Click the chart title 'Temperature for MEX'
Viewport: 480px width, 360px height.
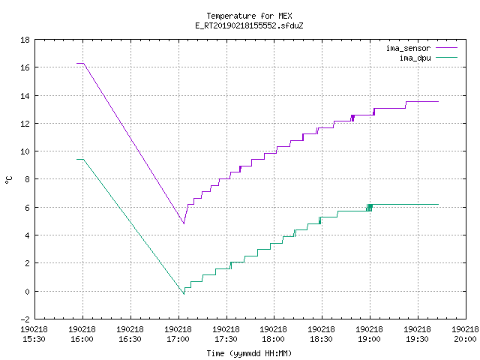click(249, 16)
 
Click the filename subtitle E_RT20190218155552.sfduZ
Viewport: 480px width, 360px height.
click(249, 25)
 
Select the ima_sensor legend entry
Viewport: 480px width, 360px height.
click(421, 48)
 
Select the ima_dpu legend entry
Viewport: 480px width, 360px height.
click(428, 58)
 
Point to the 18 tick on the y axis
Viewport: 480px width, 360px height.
click(25, 40)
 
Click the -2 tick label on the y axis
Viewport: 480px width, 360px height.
click(25, 319)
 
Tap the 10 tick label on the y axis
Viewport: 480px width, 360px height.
click(25, 151)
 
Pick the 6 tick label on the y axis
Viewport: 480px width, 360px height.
click(27, 208)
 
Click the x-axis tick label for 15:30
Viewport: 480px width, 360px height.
click(34, 334)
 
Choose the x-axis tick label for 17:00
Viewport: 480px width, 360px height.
click(178, 334)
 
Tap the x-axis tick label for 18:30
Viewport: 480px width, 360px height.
click(321, 334)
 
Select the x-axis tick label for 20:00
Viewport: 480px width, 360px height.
click(465, 334)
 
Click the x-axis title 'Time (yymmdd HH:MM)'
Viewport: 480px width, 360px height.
click(249, 353)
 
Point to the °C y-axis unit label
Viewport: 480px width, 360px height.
click(8, 180)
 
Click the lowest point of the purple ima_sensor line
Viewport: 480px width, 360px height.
click(184, 223)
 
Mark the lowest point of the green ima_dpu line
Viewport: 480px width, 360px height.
click(184, 294)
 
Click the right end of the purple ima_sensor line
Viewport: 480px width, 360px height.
click(438, 102)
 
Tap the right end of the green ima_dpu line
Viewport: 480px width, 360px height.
click(438, 204)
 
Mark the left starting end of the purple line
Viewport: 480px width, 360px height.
click(76, 63)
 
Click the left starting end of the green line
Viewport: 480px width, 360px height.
click(76, 159)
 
